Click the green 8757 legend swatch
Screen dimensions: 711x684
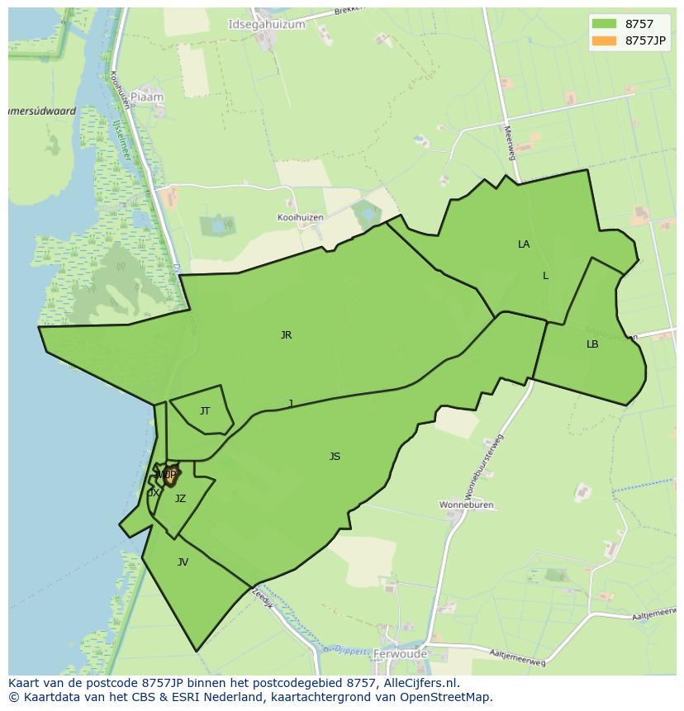coord(604,24)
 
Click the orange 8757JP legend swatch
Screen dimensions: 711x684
coord(604,40)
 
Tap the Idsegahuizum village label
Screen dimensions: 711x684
coord(266,25)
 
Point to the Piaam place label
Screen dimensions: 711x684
coord(147,97)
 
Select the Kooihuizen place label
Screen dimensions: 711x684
coord(300,217)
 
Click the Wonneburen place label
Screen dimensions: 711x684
coord(466,504)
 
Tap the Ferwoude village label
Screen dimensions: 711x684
coord(400,654)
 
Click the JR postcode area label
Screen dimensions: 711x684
coord(286,335)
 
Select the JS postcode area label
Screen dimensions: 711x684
coord(335,457)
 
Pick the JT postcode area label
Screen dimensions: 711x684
coord(205,411)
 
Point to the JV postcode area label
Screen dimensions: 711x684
coord(183,562)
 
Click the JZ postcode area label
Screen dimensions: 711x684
coord(180,499)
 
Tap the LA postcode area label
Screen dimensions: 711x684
coord(524,244)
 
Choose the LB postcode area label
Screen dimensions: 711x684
coord(592,344)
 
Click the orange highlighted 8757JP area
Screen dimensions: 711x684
coord(169,476)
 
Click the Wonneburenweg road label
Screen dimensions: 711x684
coord(483,467)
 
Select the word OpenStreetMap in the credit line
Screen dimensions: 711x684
coord(450,697)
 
